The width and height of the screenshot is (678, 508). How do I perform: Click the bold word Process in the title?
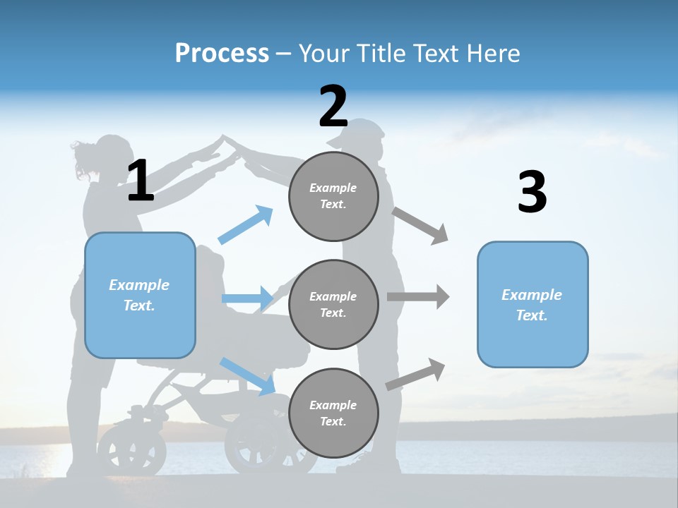pos(222,53)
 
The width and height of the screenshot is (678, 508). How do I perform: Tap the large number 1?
pos(141,181)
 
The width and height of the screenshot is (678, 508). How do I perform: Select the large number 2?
pos(333,107)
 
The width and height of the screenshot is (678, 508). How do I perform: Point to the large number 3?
pos(532,192)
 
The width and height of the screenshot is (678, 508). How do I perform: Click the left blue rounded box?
pos(140,295)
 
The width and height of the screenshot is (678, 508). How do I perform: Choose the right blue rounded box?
pos(533,304)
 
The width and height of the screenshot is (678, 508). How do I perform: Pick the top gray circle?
pos(333,196)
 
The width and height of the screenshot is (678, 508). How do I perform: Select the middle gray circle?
pos(333,304)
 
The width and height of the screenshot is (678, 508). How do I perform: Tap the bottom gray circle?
pos(333,413)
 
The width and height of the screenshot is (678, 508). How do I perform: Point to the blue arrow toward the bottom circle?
pos(247,375)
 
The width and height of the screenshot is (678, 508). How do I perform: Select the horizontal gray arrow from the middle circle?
pos(418,296)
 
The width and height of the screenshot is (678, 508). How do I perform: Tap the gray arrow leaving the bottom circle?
pos(415,374)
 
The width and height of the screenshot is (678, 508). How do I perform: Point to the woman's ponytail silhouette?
pos(83,161)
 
